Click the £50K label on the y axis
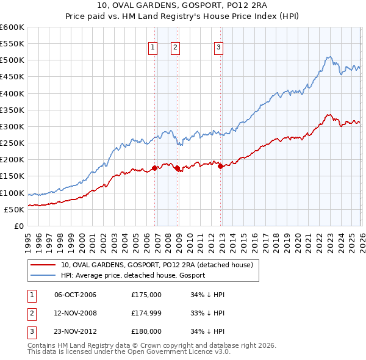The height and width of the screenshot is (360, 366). [x=14, y=209]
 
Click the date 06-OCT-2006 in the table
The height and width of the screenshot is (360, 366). [x=75, y=295]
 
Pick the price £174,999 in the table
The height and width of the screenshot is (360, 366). [x=146, y=313]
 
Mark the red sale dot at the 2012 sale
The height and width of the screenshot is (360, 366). [x=220, y=166]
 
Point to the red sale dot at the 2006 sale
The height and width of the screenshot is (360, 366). [x=154, y=167]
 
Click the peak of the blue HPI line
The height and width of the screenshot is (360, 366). [x=328, y=57]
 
